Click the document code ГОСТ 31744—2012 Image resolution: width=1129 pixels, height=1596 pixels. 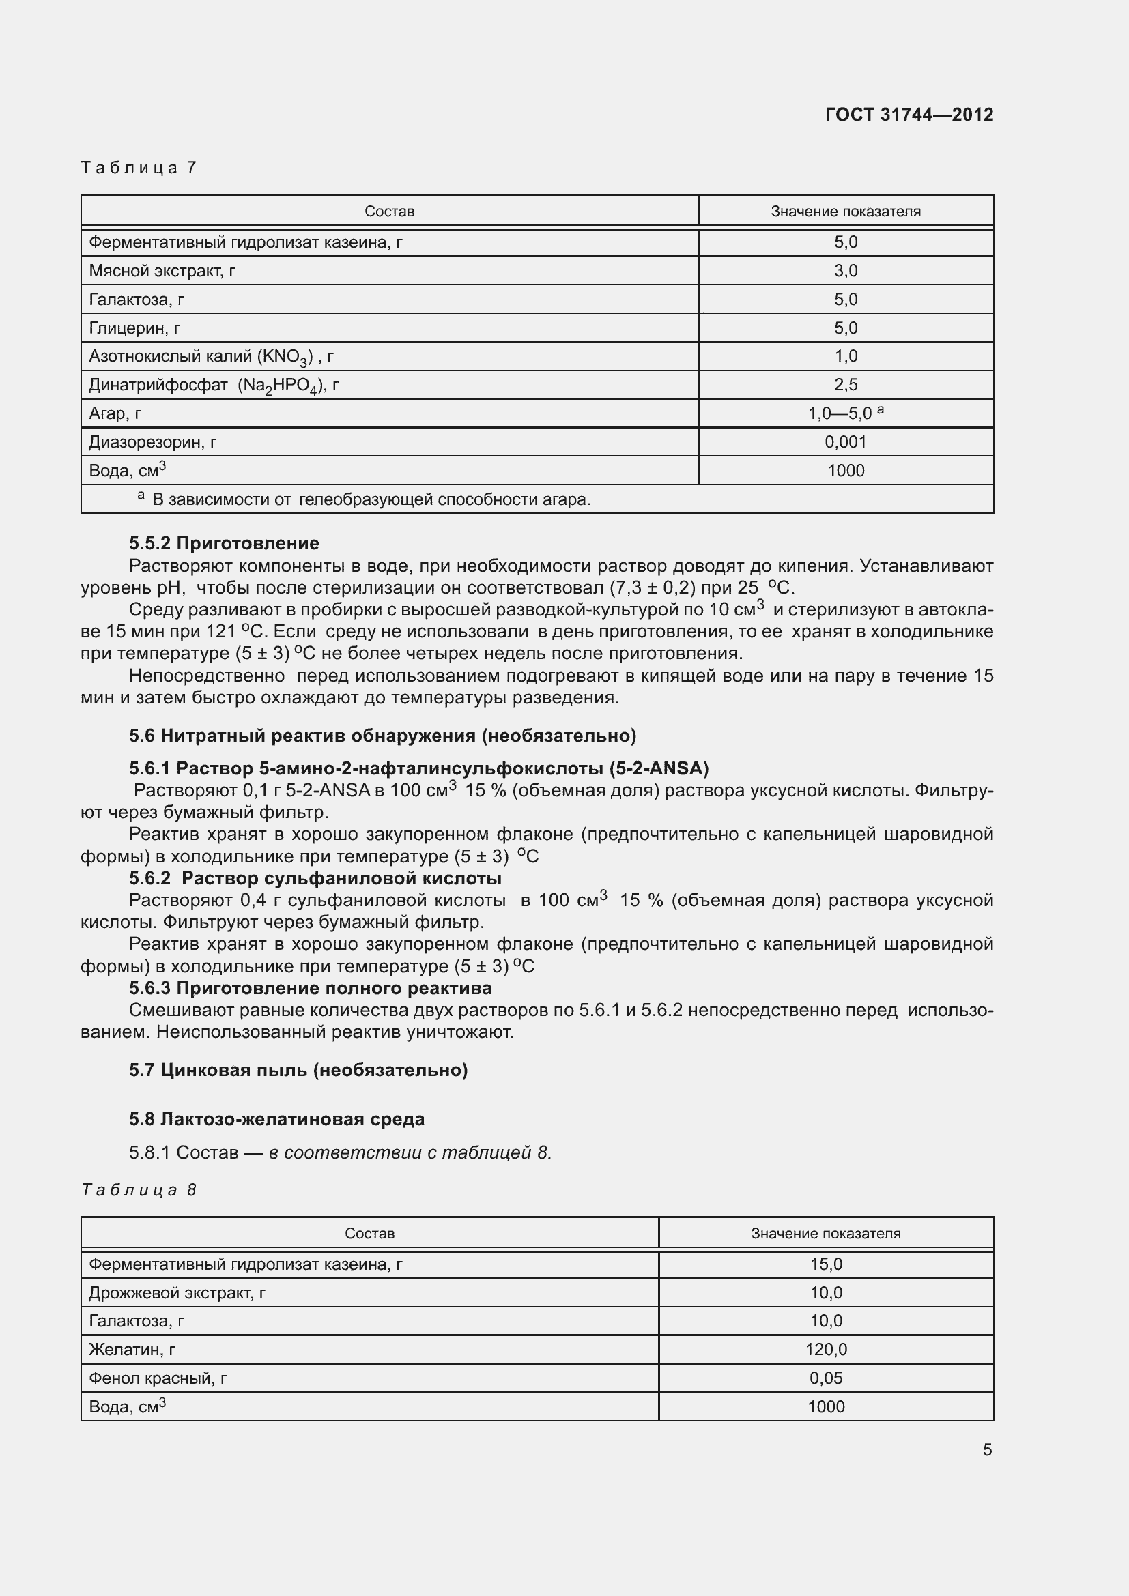point(909,115)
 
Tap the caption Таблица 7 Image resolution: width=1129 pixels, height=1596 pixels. point(139,168)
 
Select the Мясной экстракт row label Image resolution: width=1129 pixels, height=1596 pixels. point(162,271)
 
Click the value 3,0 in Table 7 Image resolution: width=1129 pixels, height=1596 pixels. point(845,271)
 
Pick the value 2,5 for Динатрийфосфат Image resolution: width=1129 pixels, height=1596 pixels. point(845,384)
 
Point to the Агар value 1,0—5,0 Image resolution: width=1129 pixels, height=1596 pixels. point(840,413)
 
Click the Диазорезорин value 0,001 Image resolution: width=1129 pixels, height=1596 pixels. point(845,442)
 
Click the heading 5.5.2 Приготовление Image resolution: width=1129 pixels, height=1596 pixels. point(224,543)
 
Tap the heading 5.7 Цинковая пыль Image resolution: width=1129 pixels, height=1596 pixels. point(298,1070)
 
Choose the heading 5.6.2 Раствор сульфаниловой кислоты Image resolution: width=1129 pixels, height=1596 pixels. point(315,878)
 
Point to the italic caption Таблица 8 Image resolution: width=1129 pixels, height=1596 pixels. point(139,1190)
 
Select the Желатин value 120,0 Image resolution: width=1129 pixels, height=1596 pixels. point(826,1349)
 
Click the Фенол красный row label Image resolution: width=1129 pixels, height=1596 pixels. point(158,1378)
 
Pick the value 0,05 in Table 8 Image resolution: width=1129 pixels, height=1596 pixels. point(826,1378)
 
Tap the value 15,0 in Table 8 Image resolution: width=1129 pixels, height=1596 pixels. point(826,1264)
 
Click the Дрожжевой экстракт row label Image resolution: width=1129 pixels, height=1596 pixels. point(177,1292)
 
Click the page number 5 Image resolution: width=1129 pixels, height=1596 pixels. point(987,1449)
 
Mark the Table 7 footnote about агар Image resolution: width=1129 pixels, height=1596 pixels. point(371,499)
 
